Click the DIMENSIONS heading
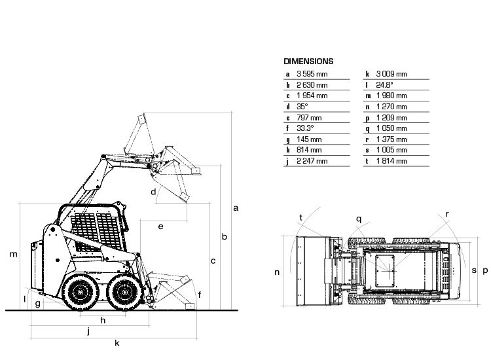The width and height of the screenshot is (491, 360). click(308, 62)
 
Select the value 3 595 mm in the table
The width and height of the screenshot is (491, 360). click(312, 74)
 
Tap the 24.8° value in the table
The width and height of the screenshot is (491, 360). click(384, 85)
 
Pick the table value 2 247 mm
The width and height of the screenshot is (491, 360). click(312, 161)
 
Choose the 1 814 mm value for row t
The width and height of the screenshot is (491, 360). click(391, 161)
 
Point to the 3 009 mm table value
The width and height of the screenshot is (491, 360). click(391, 74)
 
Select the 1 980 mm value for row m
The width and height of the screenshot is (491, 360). click(391, 96)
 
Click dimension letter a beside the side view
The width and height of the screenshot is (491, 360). click(236, 208)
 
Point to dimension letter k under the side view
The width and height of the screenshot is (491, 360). click(117, 343)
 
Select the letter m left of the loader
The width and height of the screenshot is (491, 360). click(13, 254)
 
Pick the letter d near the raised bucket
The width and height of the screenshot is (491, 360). click(153, 192)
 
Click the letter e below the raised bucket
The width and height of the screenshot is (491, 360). click(160, 226)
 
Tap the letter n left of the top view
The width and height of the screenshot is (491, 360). click(277, 272)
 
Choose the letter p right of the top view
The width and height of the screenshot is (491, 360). click(484, 270)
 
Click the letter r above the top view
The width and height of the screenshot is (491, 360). click(447, 214)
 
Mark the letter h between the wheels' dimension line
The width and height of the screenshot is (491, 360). click(103, 320)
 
